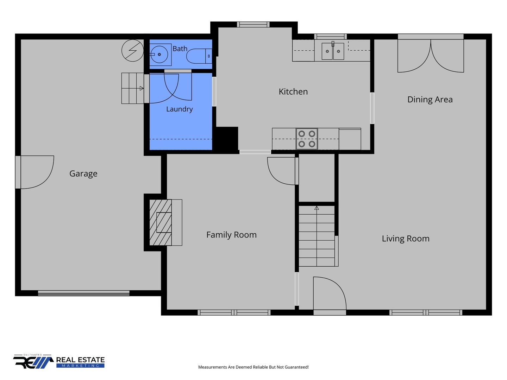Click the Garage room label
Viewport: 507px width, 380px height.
(83, 173)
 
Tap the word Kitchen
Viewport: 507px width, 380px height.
(293, 91)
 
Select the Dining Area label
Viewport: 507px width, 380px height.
(430, 100)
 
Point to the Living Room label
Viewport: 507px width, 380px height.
(405, 239)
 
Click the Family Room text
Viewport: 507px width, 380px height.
(231, 235)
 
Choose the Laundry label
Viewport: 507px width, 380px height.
(180, 109)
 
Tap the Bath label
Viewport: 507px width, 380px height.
(180, 49)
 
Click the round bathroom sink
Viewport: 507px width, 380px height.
(159, 55)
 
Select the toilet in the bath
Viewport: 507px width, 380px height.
(199, 56)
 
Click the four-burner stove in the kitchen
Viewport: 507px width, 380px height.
(307, 139)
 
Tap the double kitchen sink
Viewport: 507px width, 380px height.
(333, 51)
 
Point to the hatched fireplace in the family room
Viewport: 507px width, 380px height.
(161, 222)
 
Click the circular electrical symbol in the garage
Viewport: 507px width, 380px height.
(133, 51)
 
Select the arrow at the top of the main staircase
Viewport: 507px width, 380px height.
(317, 208)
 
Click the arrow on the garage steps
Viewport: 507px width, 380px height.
(142, 88)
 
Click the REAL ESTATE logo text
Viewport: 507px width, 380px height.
(80, 360)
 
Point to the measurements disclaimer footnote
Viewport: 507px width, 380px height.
(253, 367)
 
